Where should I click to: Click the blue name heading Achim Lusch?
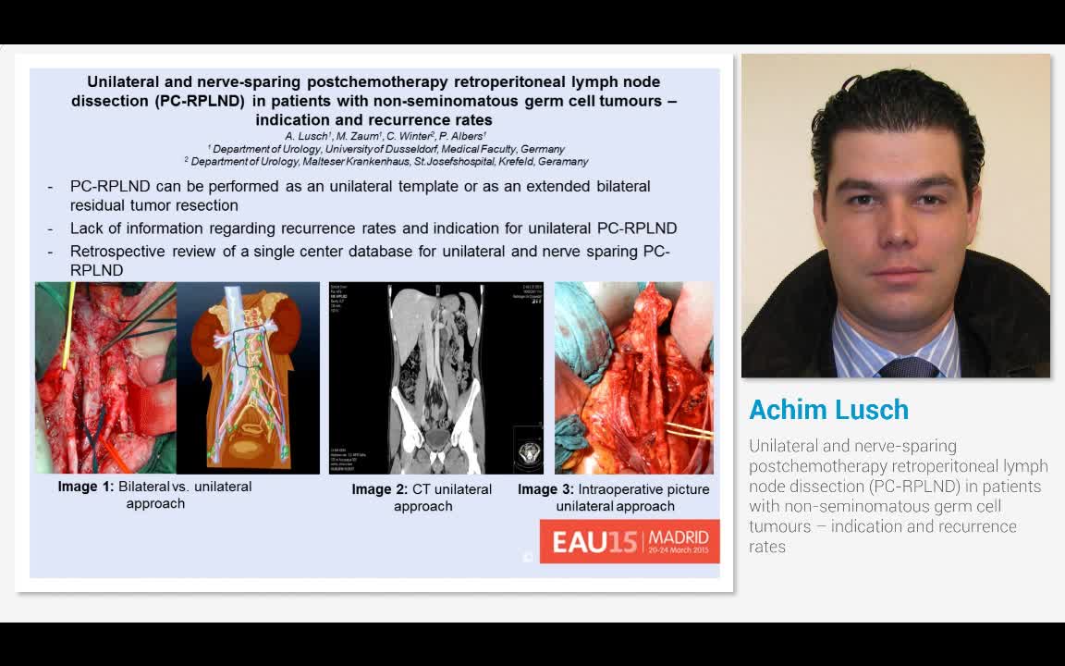828,410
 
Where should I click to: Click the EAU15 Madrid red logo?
630,541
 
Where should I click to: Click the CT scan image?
435,378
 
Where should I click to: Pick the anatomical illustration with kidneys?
247,378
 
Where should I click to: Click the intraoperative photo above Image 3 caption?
633,378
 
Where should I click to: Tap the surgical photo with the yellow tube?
104,378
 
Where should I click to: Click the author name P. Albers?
462,136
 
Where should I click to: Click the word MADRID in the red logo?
679,536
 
